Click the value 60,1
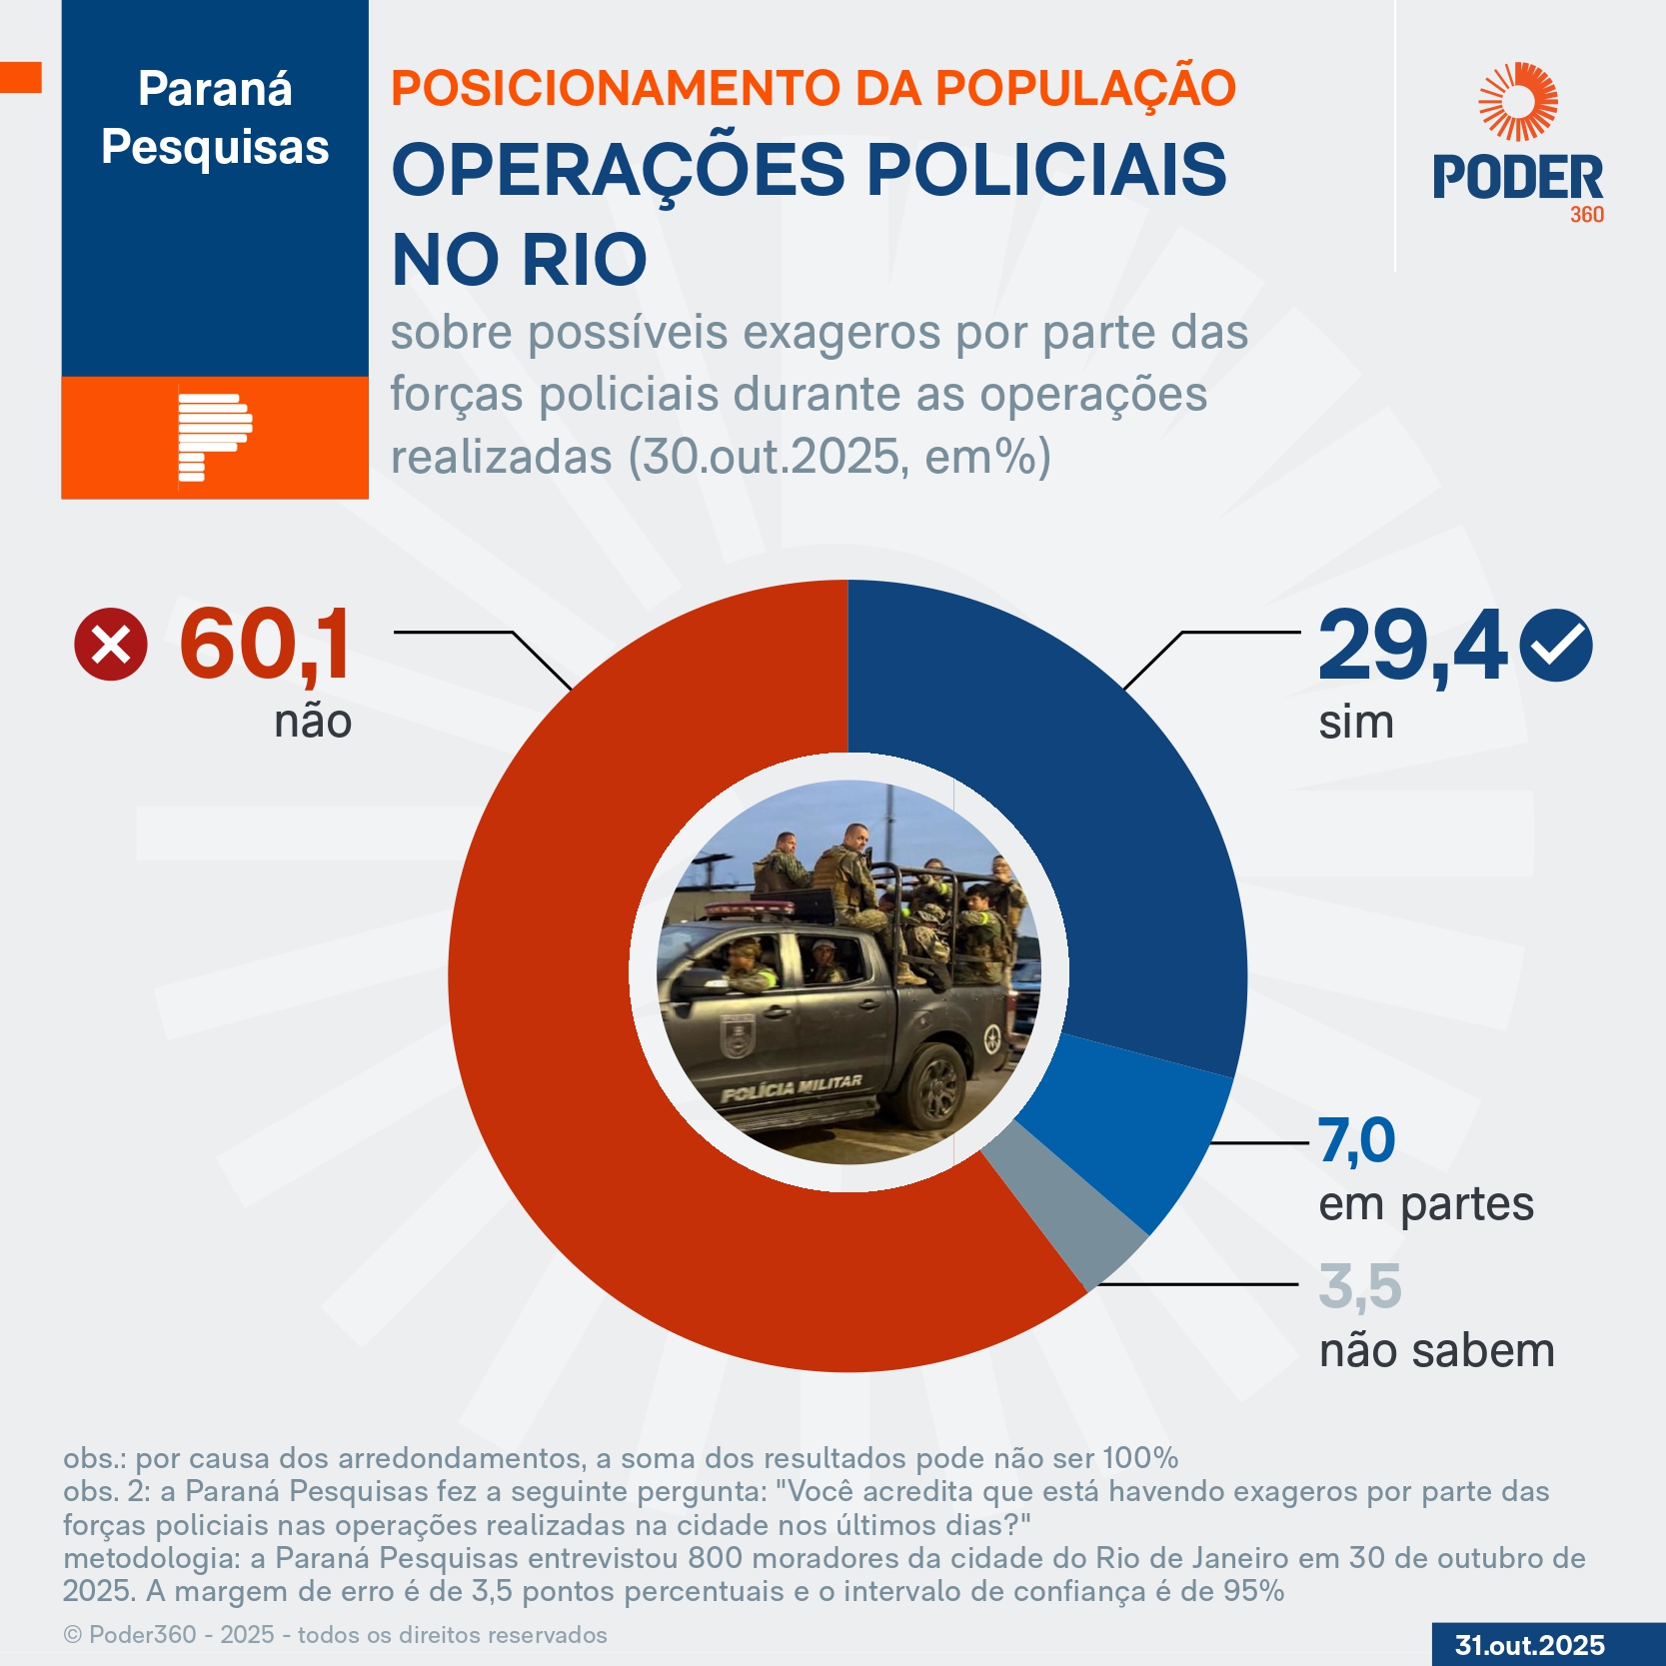tap(265, 645)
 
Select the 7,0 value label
tap(1356, 1140)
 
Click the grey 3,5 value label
tap(1359, 1286)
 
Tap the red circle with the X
tap(111, 645)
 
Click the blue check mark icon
tap(1555, 646)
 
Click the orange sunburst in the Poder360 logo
tap(1518, 102)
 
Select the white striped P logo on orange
tap(214, 438)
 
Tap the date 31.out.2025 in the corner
tap(1529, 1645)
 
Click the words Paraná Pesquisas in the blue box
tap(215, 118)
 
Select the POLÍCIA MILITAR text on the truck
tap(792, 1088)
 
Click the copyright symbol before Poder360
tap(73, 1635)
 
